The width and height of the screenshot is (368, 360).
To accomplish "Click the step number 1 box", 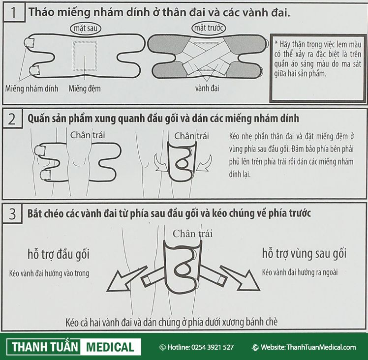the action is (14, 13).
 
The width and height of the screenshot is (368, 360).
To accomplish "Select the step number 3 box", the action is (12, 213).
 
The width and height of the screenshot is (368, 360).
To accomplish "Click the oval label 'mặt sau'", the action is (86, 29).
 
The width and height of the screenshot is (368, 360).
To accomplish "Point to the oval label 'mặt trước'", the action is (209, 28).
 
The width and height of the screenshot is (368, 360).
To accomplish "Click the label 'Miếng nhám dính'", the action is (31, 89).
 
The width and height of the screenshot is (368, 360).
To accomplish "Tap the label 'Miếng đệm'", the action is (85, 89).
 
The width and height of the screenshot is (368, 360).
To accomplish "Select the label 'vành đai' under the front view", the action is (207, 88).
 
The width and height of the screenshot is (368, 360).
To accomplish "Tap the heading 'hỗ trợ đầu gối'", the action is (59, 254).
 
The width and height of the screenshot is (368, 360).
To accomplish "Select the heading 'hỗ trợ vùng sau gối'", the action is (304, 253).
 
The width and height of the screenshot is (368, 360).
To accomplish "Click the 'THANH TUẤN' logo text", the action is (45, 347).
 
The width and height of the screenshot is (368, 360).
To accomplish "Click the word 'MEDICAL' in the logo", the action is (110, 347).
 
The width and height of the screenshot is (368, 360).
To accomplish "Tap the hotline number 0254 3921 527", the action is (213, 347).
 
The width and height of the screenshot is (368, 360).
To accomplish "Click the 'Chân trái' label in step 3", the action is (193, 234).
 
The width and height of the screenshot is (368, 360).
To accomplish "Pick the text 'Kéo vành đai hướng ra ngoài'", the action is (300, 272).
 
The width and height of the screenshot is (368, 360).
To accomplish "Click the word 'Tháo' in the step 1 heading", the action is (41, 12).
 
